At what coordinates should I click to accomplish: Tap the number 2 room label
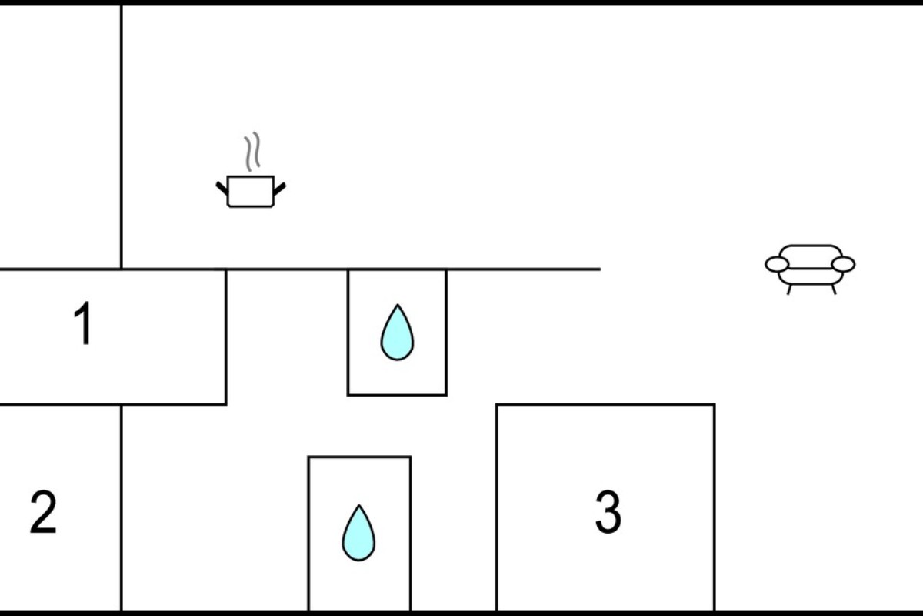click(x=43, y=512)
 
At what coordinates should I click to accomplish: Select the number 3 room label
click(x=608, y=512)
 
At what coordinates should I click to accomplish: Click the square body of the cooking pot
click(x=251, y=192)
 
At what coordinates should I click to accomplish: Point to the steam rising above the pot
click(x=252, y=152)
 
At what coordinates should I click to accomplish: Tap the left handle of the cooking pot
click(x=222, y=189)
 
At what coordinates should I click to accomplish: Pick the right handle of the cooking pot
click(x=280, y=189)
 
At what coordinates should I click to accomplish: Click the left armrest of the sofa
click(x=777, y=264)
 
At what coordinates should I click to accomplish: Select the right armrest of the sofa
click(x=844, y=264)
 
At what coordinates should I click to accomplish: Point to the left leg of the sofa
click(x=789, y=290)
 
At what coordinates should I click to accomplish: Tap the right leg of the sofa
click(x=834, y=290)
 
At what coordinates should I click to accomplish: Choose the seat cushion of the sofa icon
click(x=811, y=276)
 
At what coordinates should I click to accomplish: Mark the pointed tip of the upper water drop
click(x=398, y=304)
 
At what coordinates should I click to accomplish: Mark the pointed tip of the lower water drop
click(x=359, y=504)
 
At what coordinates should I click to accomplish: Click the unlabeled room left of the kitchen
click(x=60, y=137)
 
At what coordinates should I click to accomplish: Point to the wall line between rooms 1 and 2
click(x=113, y=404)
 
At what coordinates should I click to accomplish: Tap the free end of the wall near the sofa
click(x=601, y=269)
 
